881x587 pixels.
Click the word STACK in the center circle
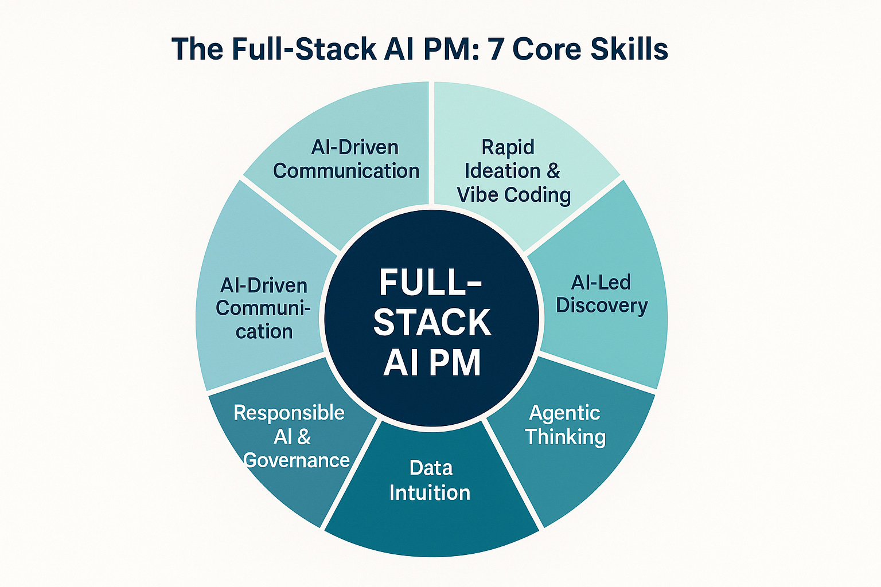pyautogui.click(x=432, y=322)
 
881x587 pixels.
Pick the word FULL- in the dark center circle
pyautogui.click(x=431, y=283)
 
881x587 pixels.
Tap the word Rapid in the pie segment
pyautogui.click(x=508, y=147)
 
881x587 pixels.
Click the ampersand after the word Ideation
pyautogui.click(x=553, y=171)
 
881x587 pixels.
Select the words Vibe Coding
pyautogui.click(x=514, y=195)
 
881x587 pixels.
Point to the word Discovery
pyautogui.click(x=602, y=306)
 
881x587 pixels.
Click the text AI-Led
pyautogui.click(x=601, y=282)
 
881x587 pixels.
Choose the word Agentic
pyautogui.click(x=564, y=413)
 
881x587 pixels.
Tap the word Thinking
pyautogui.click(x=565, y=437)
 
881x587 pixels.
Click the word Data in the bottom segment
pyautogui.click(x=431, y=468)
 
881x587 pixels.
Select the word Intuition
pyautogui.click(x=430, y=492)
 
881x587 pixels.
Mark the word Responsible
pyautogui.click(x=289, y=413)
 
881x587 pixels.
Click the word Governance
pyautogui.click(x=297, y=460)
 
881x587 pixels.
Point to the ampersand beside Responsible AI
pyautogui.click(x=304, y=437)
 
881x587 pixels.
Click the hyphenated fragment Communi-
pyautogui.click(x=263, y=308)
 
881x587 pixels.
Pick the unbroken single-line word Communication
pyautogui.click(x=346, y=171)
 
